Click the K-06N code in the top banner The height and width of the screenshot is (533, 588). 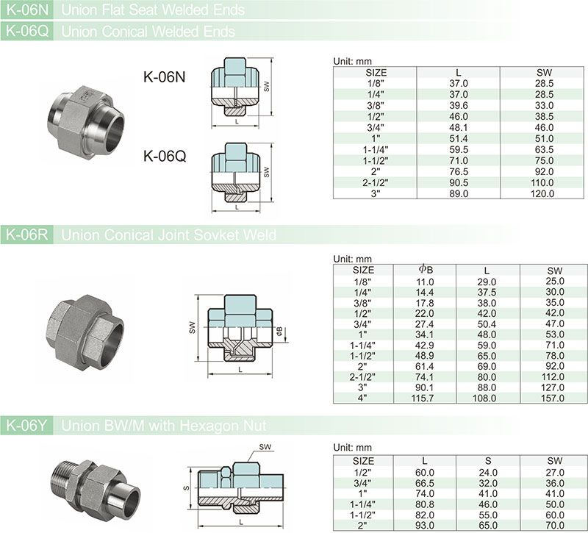(27, 10)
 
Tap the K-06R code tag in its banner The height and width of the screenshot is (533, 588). (27, 235)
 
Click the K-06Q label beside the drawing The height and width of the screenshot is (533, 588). (165, 156)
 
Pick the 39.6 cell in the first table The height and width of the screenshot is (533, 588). (458, 105)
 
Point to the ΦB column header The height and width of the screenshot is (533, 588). (426, 269)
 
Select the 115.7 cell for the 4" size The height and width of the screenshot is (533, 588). (422, 398)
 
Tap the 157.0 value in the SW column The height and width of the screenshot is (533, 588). (553, 398)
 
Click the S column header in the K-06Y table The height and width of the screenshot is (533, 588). (487, 461)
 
